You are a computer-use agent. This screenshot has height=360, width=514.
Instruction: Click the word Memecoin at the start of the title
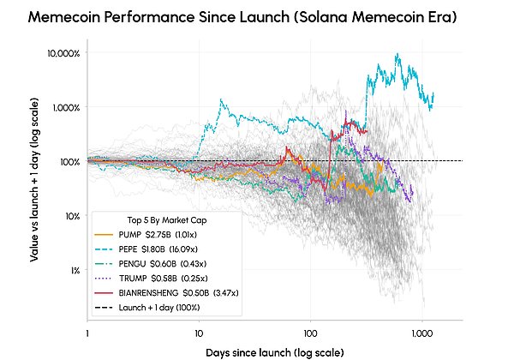click(x=63, y=17)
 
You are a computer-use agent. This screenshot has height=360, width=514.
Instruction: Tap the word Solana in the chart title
click(x=323, y=17)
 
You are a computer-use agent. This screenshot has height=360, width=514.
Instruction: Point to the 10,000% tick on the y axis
click(x=63, y=53)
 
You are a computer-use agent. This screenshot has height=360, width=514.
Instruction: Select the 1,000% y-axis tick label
click(x=66, y=107)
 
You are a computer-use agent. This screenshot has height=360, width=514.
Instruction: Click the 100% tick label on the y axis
click(x=70, y=162)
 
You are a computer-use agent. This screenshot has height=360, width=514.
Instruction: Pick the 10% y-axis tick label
click(x=73, y=216)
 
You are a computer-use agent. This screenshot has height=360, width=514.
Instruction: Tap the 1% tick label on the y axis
click(x=75, y=271)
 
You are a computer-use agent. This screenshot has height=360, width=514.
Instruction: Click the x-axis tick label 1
click(x=87, y=333)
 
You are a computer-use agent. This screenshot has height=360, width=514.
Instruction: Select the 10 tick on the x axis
click(x=199, y=333)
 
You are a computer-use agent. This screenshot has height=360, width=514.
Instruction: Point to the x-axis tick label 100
click(x=310, y=333)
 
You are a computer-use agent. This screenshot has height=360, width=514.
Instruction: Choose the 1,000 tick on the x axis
click(x=422, y=333)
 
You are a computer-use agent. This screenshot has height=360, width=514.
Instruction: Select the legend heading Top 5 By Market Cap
click(x=167, y=220)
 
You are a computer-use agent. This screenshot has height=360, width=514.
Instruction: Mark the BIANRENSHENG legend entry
click(x=166, y=293)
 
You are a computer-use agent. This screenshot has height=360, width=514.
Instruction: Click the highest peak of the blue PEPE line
click(x=397, y=54)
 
